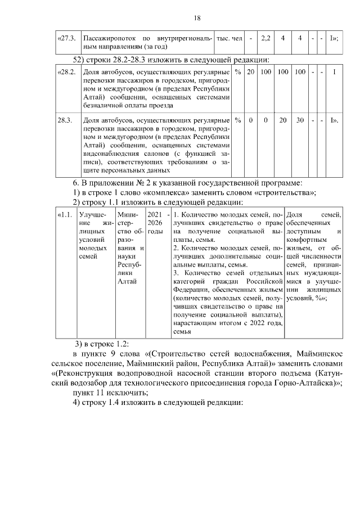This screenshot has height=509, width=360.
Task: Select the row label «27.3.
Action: [66, 38]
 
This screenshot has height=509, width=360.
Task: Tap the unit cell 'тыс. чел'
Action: [229, 38]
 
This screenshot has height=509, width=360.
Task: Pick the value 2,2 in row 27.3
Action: [266, 38]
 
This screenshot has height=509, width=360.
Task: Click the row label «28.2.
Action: [66, 73]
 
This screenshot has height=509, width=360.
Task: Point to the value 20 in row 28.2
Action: [251, 73]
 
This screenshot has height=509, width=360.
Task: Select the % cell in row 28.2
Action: [238, 73]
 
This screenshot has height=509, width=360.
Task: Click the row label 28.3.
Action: [65, 120]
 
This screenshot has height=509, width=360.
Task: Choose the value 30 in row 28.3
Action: [300, 120]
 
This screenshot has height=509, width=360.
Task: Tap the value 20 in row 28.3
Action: [283, 120]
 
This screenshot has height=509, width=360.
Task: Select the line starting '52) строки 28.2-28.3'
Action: [172, 60]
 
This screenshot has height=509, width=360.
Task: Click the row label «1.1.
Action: [65, 215]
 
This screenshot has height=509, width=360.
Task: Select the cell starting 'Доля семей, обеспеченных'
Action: [313, 256]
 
